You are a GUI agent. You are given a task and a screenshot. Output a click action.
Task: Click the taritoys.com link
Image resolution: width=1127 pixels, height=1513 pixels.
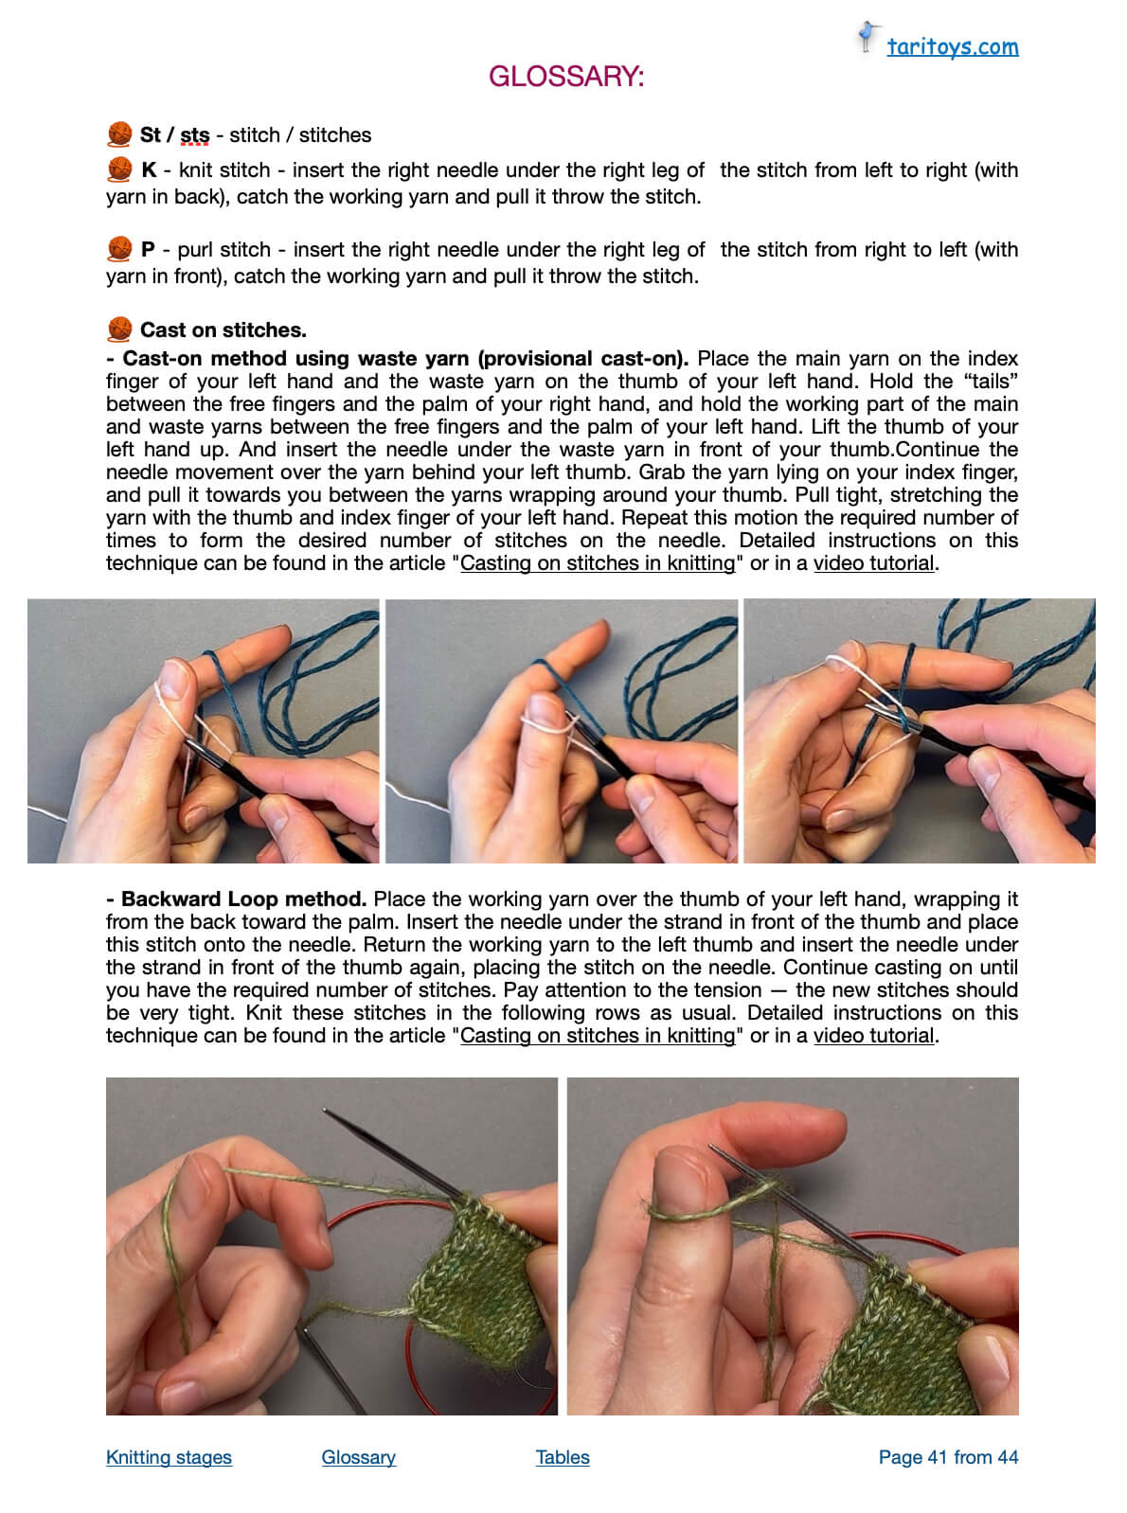tap(952, 47)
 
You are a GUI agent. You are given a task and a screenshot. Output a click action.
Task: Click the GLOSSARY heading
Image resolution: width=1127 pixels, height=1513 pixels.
tap(566, 77)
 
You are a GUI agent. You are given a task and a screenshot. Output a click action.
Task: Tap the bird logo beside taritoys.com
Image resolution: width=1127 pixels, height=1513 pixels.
tap(868, 37)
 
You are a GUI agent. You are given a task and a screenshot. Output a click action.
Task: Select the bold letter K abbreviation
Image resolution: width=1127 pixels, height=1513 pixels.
tap(149, 169)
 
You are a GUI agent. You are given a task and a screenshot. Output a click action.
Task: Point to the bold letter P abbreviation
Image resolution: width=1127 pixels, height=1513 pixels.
tap(148, 250)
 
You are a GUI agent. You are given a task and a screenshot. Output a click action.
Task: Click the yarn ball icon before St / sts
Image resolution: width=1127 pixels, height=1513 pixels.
tap(119, 133)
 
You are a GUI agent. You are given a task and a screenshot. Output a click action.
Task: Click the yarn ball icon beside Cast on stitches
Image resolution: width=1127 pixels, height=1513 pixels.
tap(119, 329)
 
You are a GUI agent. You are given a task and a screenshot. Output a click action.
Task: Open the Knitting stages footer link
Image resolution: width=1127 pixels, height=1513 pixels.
tap(169, 1458)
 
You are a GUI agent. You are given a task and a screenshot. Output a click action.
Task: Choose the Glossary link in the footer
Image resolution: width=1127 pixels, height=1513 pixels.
tap(358, 1458)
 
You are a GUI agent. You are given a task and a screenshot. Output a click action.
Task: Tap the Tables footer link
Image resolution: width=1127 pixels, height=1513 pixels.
tap(563, 1458)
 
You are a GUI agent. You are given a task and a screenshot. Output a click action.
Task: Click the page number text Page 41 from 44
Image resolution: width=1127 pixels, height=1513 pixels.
tap(948, 1458)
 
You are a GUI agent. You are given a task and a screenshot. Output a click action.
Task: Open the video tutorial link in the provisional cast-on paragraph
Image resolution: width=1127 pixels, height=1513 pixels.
tap(874, 563)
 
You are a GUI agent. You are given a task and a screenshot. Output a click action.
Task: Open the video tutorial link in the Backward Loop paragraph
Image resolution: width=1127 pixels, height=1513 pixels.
tap(874, 1036)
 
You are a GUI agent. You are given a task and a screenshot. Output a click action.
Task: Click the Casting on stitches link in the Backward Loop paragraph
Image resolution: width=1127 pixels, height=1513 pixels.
tap(598, 1036)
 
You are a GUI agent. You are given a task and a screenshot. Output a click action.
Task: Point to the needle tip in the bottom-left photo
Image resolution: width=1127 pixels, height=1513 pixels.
tap(326, 1111)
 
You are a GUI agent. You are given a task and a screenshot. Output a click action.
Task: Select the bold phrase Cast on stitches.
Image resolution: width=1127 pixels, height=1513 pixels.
tap(224, 330)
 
